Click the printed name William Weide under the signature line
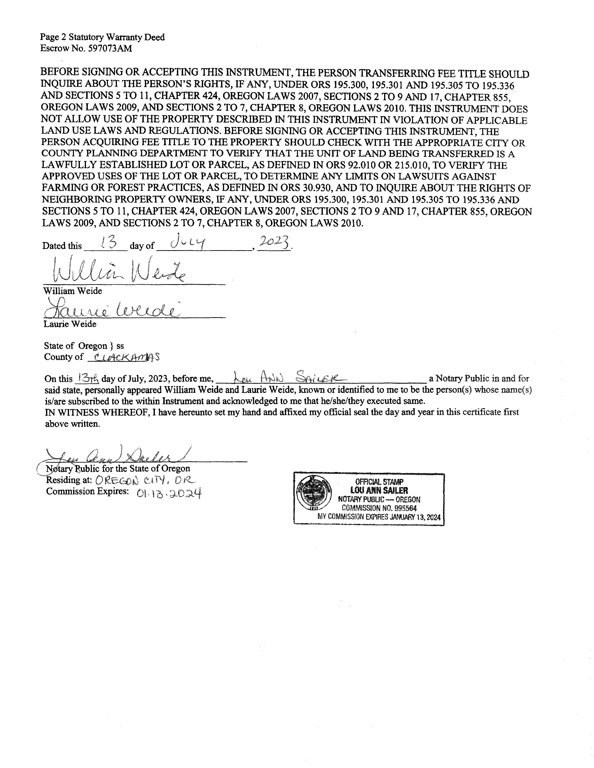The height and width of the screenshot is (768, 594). pos(72,291)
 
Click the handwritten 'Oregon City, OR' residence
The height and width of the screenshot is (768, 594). pos(145,480)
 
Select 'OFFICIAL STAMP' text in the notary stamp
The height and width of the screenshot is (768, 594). pos(379,482)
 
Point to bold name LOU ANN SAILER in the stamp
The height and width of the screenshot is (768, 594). pos(379,490)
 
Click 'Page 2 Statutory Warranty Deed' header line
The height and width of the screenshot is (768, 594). pos(102,37)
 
